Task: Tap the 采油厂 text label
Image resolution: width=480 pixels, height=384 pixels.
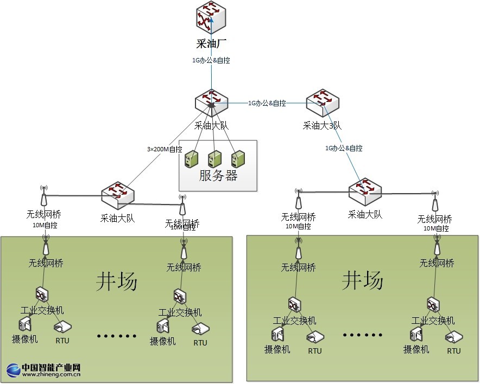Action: coord(211,44)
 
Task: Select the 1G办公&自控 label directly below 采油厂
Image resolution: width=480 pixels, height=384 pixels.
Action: coord(211,61)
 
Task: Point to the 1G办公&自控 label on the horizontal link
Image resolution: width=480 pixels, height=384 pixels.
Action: coord(267,103)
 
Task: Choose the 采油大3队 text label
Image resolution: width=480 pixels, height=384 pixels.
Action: coord(322,126)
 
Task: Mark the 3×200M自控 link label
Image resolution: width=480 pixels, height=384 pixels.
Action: coord(165,149)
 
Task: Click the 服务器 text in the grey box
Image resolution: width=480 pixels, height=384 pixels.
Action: coord(218,176)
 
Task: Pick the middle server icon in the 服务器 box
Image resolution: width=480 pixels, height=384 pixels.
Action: coord(215,158)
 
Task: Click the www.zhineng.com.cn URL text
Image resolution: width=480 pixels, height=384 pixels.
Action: coord(52,374)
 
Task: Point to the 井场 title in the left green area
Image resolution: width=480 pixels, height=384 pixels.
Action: coord(117,281)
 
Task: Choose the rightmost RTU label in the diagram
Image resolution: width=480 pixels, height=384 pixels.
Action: coord(454,351)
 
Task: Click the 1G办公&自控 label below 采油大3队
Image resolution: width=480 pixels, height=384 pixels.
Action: coord(344,148)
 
